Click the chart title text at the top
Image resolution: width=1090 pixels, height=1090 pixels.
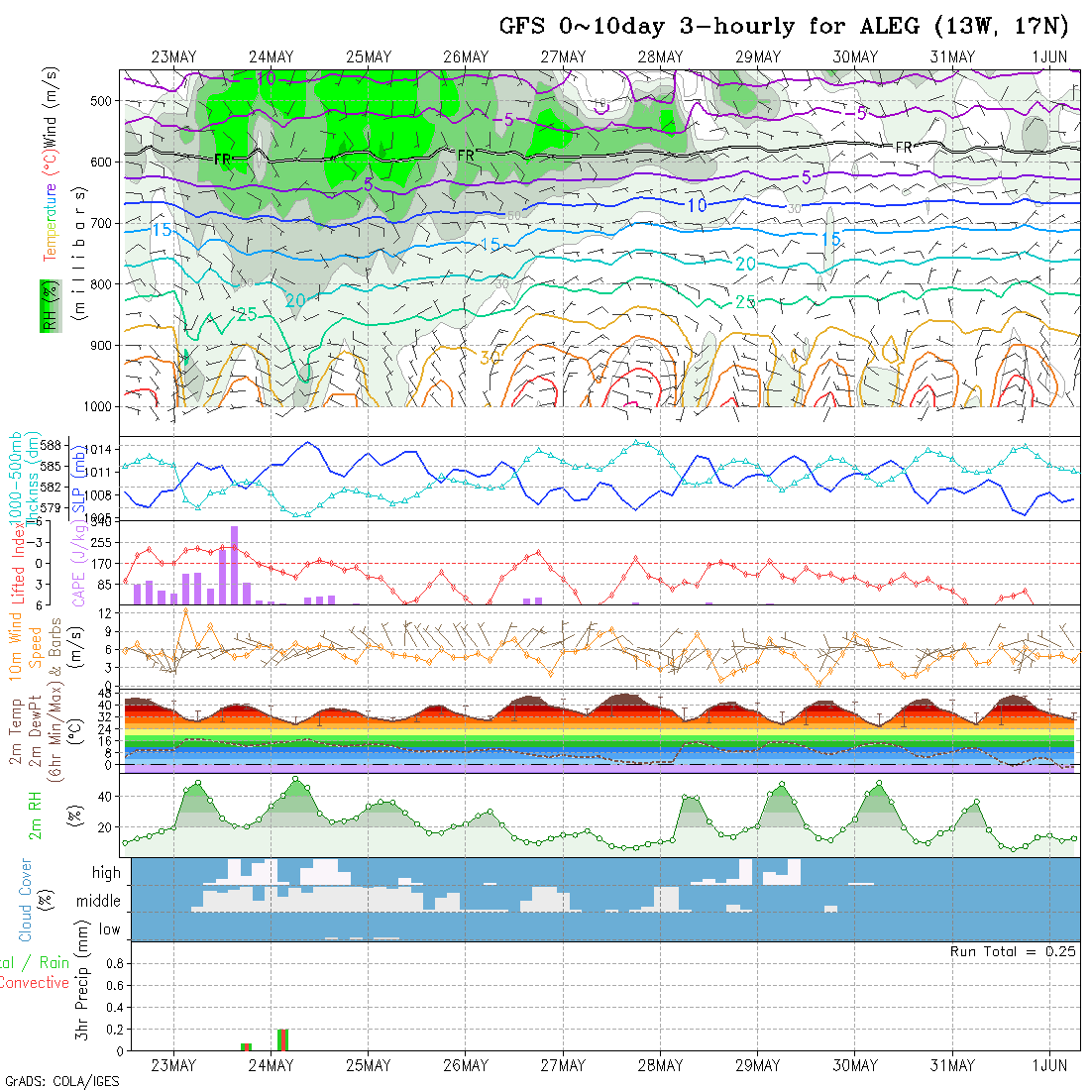pos(783,26)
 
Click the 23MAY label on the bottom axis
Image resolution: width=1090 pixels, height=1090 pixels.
pos(173,1066)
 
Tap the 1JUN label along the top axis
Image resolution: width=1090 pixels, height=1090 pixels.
pos(1049,56)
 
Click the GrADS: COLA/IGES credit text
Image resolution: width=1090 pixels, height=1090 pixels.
pos(61,1081)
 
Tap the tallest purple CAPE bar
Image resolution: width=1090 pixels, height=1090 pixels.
pos(235,565)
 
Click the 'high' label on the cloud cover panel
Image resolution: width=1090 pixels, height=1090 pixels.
pos(106,873)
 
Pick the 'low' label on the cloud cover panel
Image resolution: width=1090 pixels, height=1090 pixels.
pos(109,929)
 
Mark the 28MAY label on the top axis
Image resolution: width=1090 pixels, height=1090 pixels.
pos(660,56)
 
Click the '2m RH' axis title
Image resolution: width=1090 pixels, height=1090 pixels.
pos(36,815)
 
